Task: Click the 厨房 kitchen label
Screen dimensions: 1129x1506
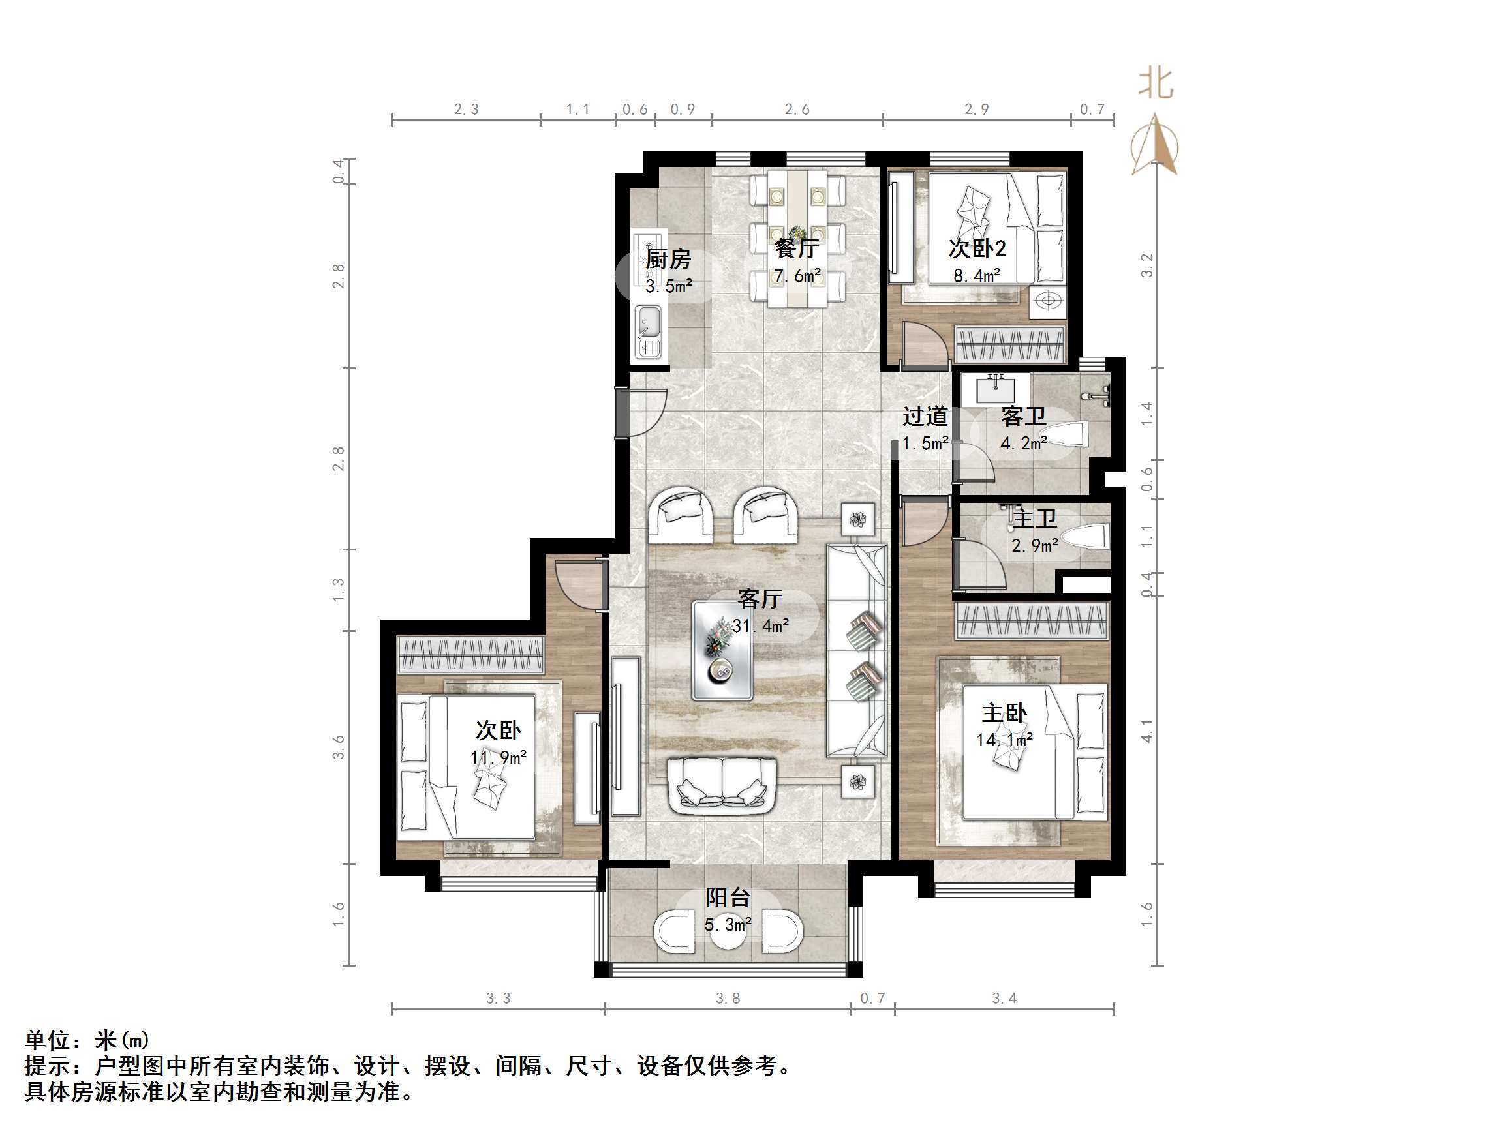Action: (668, 260)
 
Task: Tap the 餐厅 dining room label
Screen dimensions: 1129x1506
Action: (796, 248)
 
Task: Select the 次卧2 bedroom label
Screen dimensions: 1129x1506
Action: (976, 248)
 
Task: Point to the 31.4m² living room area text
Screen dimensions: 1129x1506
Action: (760, 625)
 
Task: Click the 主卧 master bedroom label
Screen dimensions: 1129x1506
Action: (1004, 713)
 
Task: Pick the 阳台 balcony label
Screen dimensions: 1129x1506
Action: (727, 897)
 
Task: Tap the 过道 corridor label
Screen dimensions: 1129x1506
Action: (925, 416)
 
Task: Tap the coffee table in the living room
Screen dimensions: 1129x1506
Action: (722, 650)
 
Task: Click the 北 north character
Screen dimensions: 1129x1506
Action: (1156, 83)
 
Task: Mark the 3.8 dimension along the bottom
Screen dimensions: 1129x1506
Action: (727, 999)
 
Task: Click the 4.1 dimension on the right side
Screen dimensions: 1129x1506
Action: (1147, 732)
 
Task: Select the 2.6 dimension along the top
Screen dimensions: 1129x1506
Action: (797, 110)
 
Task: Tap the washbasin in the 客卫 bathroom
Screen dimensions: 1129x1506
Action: (995, 391)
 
